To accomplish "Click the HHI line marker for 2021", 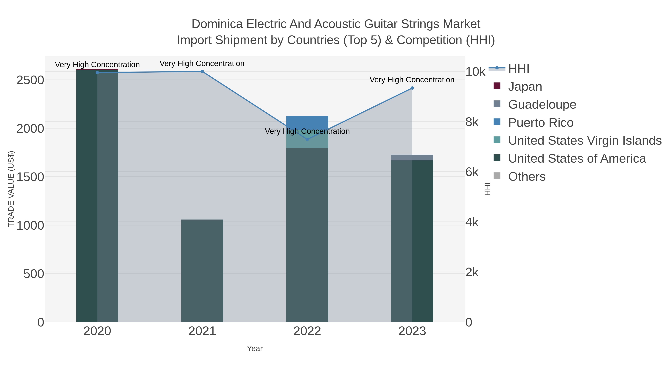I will coord(202,71).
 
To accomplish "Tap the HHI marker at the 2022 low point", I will coord(307,139).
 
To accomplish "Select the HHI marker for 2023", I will coord(412,88).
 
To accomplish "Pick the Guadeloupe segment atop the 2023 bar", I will coord(412,158).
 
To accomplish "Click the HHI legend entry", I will coord(519,69).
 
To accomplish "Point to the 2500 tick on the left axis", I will coord(30,80).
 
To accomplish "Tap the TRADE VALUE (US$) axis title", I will coord(11,189).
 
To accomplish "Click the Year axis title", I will coord(255,349).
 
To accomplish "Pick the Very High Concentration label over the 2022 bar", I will coord(307,131).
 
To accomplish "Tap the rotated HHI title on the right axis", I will coord(487,189).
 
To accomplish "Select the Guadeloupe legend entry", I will coord(542,105).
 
